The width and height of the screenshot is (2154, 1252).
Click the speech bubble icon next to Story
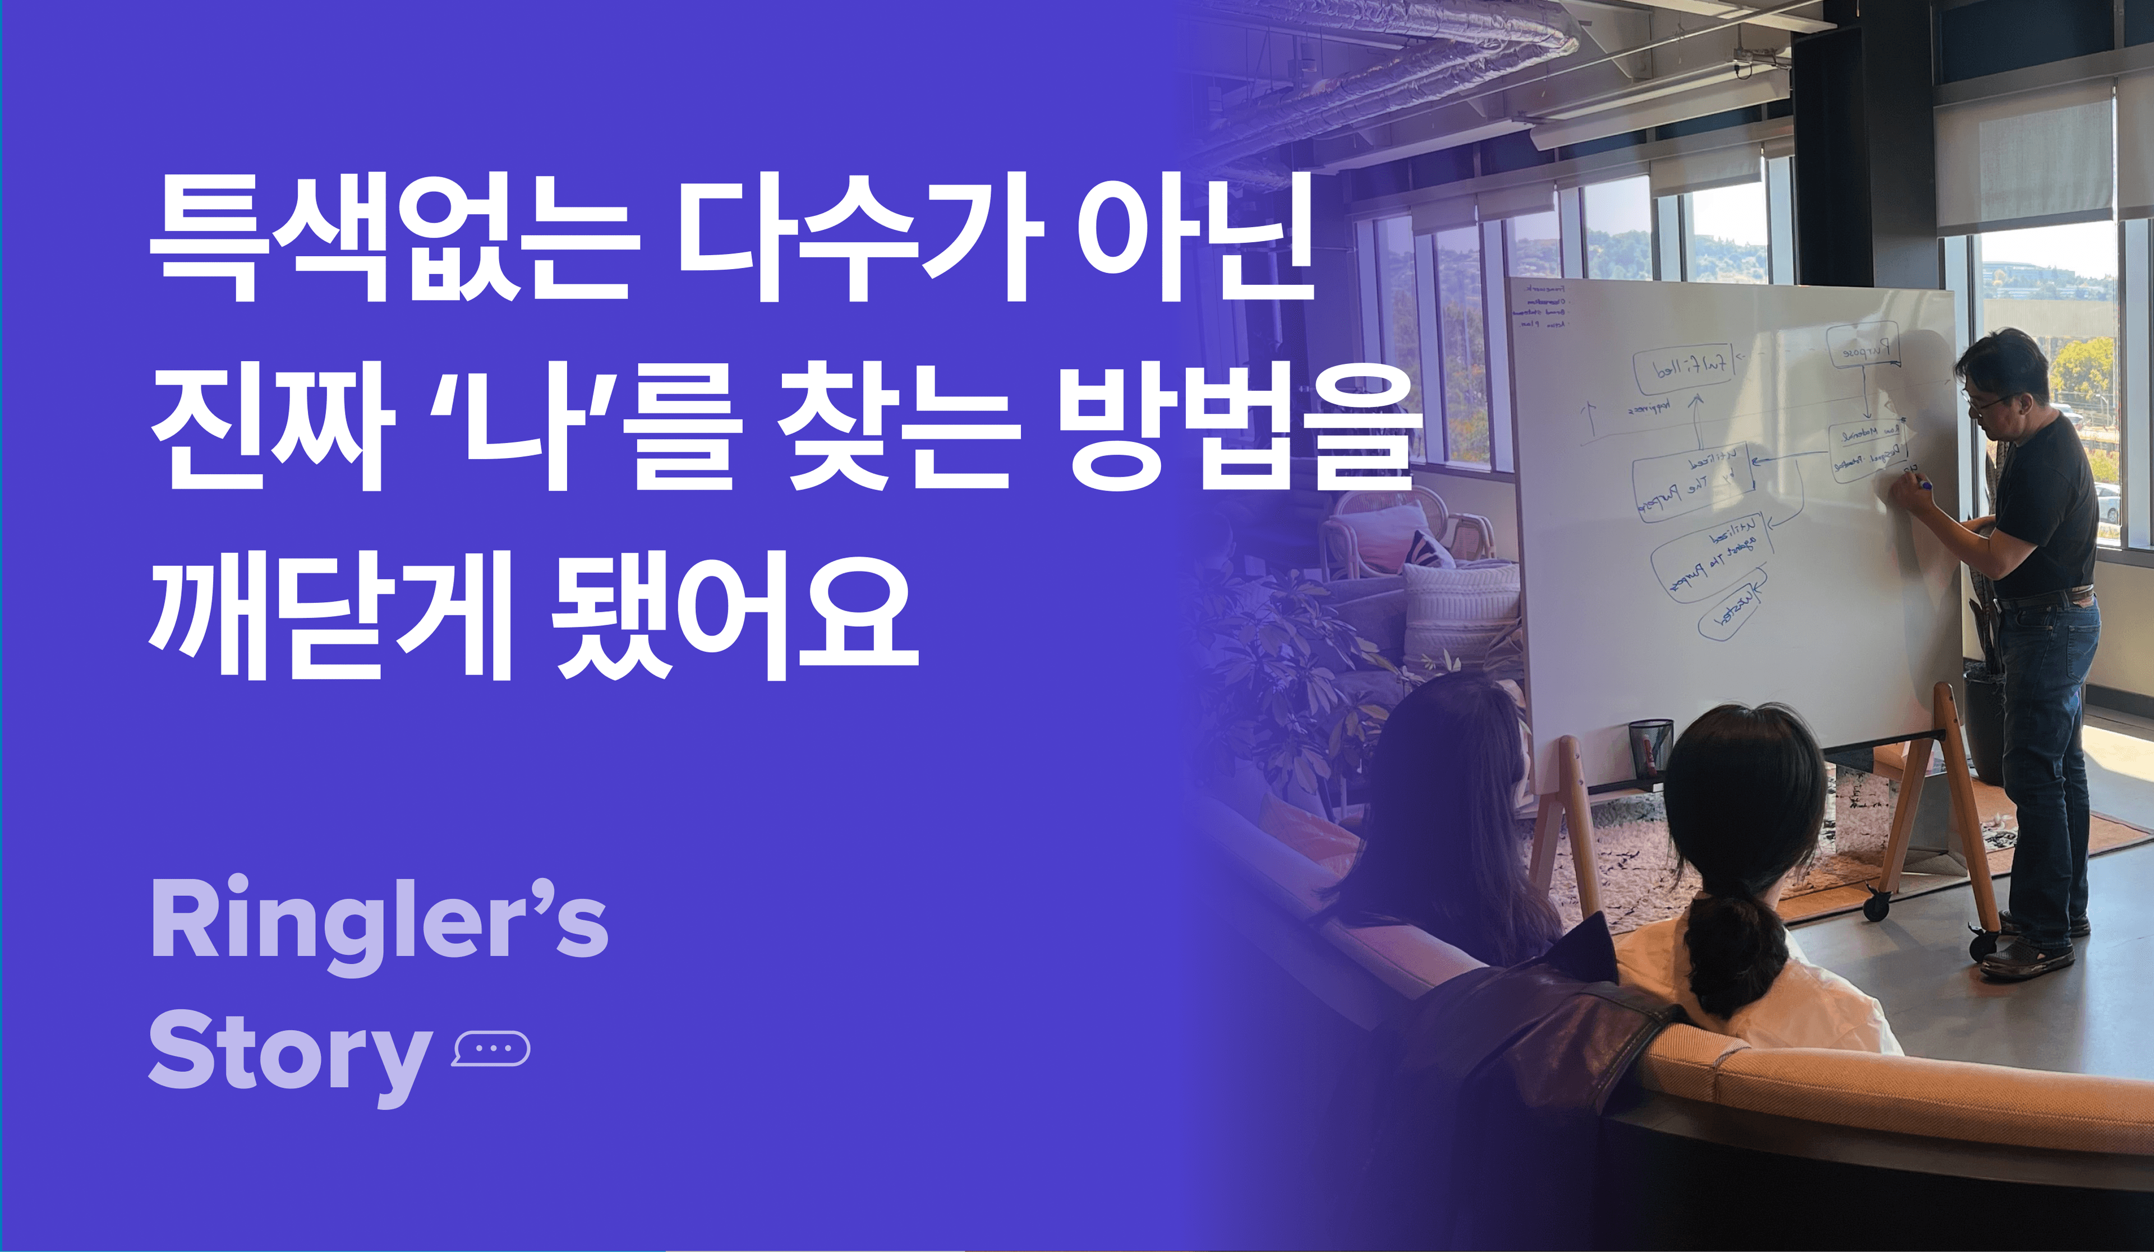[x=491, y=1048]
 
